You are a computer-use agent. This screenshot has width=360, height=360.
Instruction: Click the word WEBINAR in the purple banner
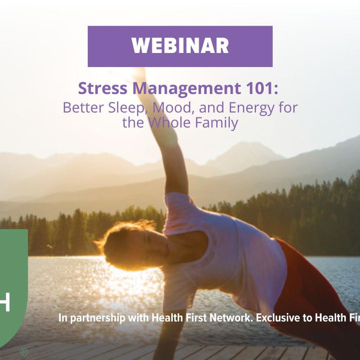(180, 46)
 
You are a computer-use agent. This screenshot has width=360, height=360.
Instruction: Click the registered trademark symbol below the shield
(24, 352)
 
